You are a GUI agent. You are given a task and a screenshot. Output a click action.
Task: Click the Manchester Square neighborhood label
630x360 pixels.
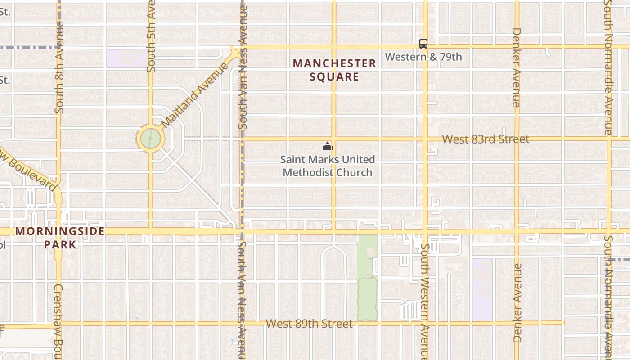(x=334, y=70)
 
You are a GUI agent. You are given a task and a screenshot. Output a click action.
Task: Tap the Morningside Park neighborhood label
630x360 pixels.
(x=60, y=238)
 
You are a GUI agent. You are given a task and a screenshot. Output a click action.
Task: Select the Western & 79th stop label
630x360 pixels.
(x=423, y=57)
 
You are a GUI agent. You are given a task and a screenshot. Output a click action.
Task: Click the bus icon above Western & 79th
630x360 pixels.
(x=423, y=44)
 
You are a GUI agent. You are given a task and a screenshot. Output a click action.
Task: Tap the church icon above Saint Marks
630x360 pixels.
(x=327, y=146)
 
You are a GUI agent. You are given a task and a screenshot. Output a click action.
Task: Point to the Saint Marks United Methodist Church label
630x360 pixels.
(x=327, y=166)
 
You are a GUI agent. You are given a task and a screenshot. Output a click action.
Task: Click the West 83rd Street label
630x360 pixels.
(x=486, y=139)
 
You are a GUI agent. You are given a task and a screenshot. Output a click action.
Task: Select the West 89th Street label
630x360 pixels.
(x=309, y=324)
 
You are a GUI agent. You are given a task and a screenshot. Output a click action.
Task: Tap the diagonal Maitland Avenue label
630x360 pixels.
(x=195, y=95)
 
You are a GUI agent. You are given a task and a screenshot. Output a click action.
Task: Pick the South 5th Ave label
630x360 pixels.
(x=151, y=36)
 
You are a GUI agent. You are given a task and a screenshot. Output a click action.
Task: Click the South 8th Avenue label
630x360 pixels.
(x=60, y=67)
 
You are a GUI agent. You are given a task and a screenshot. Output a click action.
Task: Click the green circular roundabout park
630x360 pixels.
(x=150, y=139)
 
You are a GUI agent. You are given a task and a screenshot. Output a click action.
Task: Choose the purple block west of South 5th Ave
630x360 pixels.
(x=126, y=58)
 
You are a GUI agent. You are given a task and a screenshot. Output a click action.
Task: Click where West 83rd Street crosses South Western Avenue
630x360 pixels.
(x=425, y=139)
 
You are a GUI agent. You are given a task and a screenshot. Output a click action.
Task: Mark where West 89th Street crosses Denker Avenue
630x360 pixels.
(x=517, y=323)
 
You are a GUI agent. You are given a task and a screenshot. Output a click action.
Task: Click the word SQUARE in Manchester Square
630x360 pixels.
(x=334, y=76)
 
